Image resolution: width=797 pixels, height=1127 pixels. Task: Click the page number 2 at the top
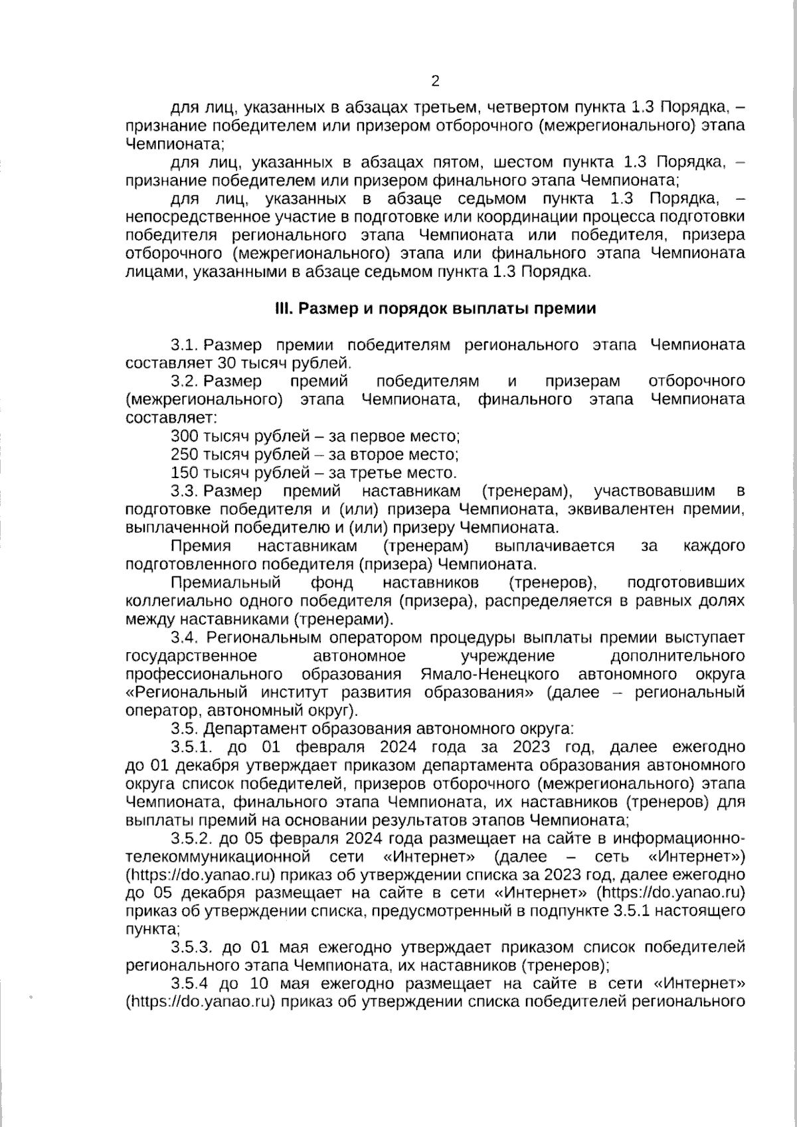(435, 82)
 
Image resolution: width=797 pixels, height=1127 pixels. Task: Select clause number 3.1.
(185, 345)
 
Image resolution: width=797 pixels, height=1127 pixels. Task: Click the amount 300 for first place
(185, 436)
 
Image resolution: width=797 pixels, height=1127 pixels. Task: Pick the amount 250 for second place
(185, 455)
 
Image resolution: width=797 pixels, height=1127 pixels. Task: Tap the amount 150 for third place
(185, 473)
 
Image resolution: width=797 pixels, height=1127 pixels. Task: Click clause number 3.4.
(185, 638)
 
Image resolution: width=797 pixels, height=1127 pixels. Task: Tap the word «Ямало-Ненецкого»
(489, 675)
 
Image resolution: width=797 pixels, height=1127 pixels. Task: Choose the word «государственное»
(191, 656)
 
